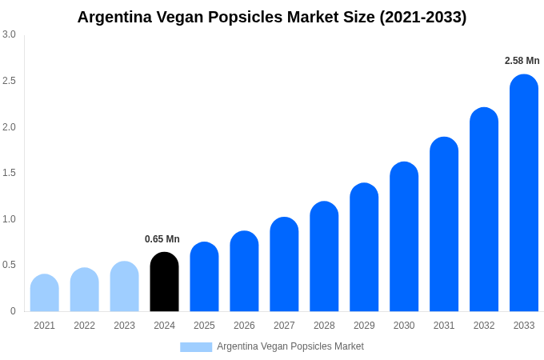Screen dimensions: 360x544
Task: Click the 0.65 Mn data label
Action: click(x=162, y=239)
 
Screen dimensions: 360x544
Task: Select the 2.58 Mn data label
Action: click(x=522, y=61)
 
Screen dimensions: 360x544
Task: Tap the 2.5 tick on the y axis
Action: click(x=9, y=81)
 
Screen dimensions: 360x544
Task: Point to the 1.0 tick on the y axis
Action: click(x=9, y=219)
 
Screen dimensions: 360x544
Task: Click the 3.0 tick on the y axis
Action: click(x=9, y=34)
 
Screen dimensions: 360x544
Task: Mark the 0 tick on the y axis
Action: click(x=13, y=311)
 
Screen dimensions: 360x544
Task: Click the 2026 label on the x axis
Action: click(x=244, y=326)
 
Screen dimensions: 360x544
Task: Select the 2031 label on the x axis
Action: click(x=444, y=326)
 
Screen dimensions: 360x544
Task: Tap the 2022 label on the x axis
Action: click(x=84, y=326)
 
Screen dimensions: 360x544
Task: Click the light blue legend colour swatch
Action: click(x=196, y=347)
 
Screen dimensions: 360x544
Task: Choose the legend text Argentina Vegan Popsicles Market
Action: click(x=290, y=346)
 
